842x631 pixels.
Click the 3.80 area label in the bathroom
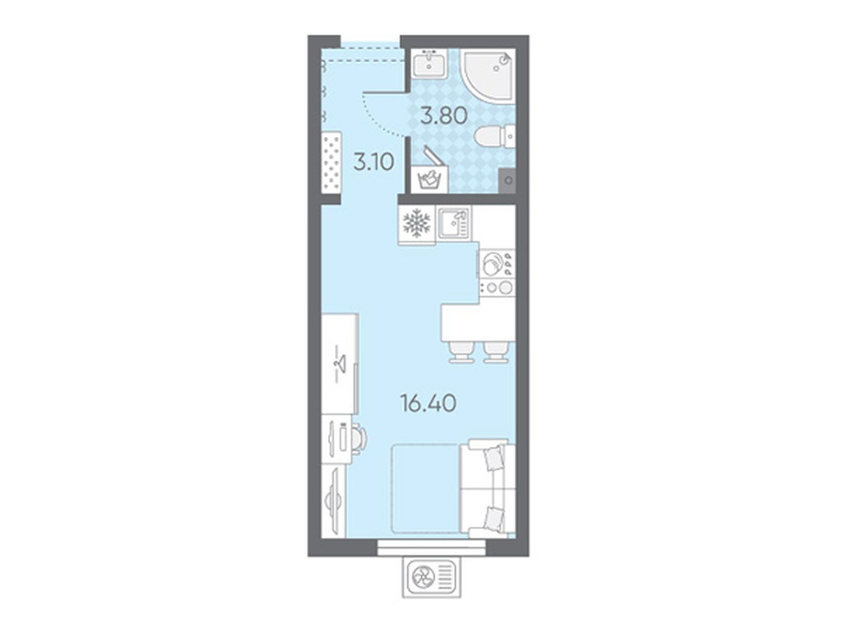click(x=444, y=115)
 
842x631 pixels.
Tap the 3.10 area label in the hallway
click(x=374, y=162)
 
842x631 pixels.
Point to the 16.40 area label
click(x=428, y=403)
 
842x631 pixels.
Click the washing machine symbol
click(x=429, y=179)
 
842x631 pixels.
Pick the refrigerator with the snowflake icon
click(x=417, y=225)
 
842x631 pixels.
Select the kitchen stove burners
click(x=497, y=277)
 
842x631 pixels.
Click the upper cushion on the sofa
click(x=493, y=458)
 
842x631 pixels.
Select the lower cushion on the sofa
click(x=493, y=517)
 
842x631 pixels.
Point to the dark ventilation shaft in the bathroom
click(x=509, y=180)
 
